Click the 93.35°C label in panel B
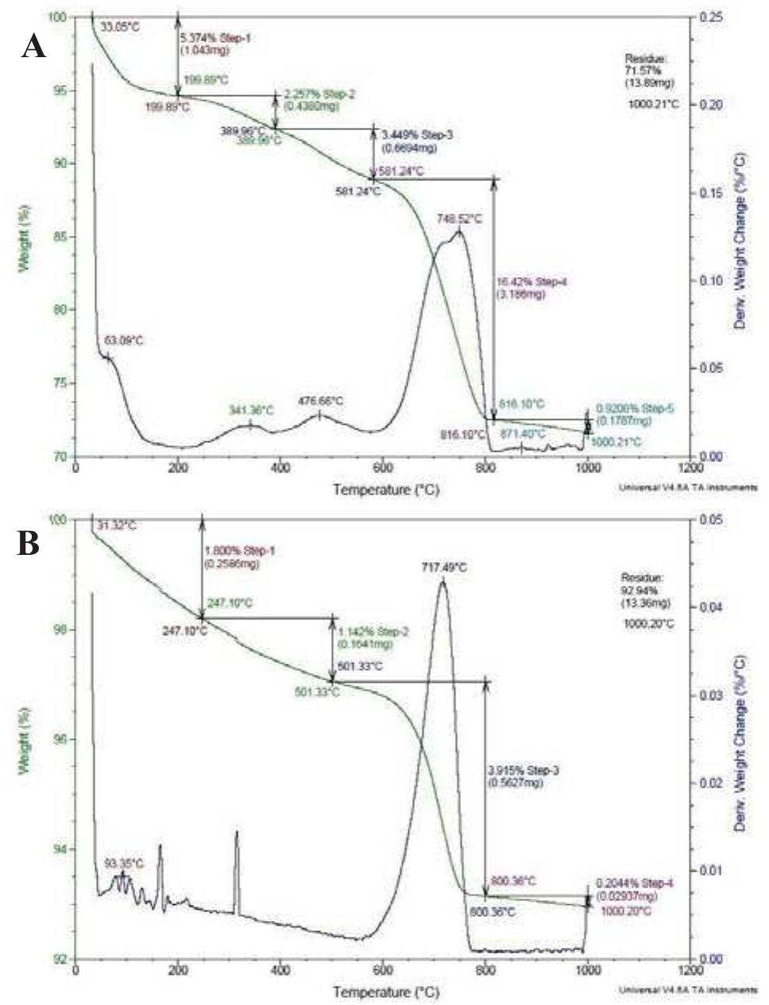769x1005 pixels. [x=125, y=863]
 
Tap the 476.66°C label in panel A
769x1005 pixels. [x=324, y=402]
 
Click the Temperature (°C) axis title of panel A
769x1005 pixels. [x=385, y=491]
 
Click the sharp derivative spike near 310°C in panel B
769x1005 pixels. [x=236, y=833]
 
